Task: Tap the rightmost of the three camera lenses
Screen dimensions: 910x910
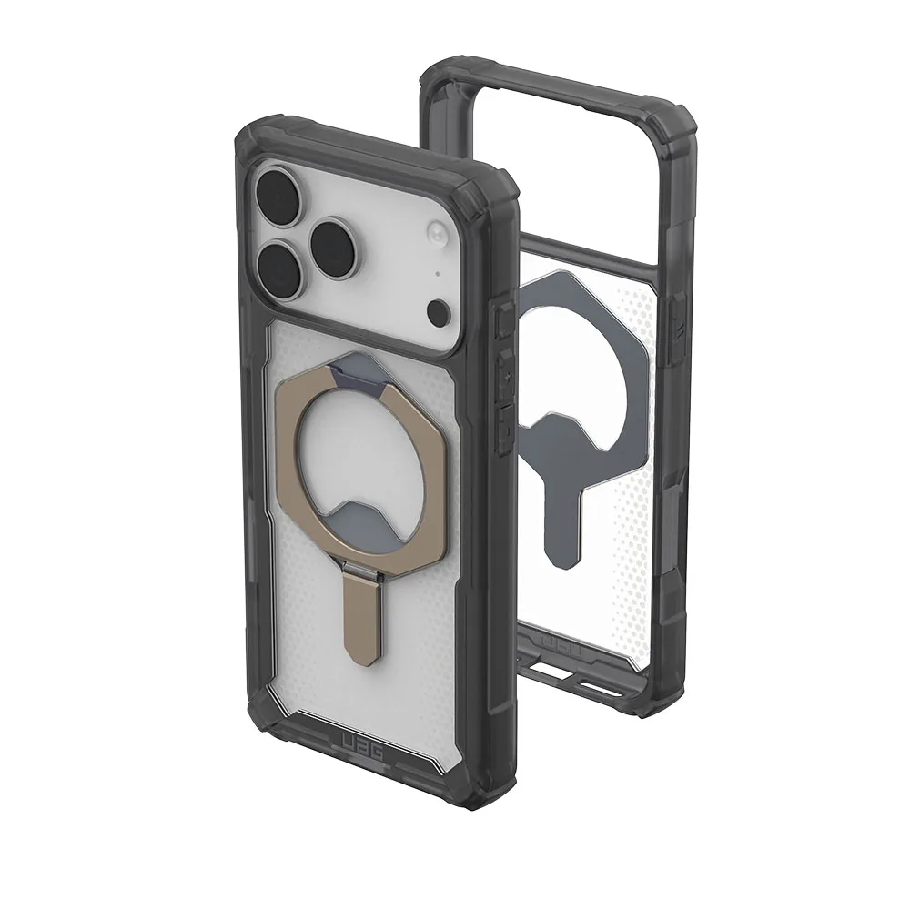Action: tap(337, 245)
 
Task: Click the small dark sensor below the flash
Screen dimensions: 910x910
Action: tap(437, 312)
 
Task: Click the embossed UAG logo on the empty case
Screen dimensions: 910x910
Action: tap(559, 646)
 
